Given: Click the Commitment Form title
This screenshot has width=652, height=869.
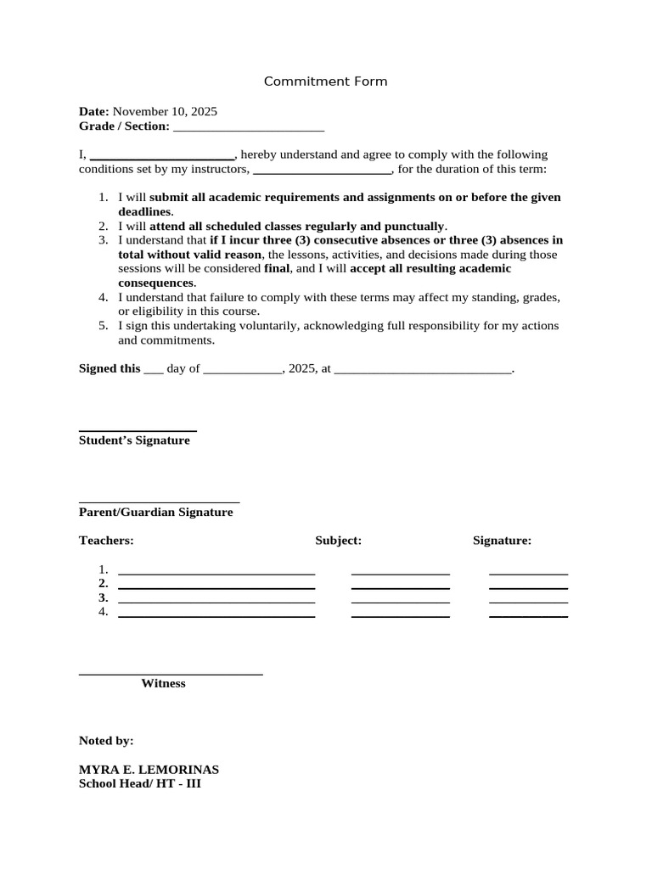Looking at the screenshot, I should tap(325, 81).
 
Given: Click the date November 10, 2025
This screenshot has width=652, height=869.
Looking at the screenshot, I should tap(165, 111).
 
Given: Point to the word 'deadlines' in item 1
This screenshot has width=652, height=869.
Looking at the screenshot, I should tap(144, 211).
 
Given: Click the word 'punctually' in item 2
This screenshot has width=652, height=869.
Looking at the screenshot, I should tap(415, 226).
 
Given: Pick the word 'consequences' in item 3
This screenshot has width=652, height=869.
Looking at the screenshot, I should tap(155, 283).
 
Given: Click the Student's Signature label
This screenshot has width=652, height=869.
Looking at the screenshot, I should tap(134, 440).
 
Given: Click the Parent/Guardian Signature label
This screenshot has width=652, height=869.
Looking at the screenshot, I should tap(155, 513).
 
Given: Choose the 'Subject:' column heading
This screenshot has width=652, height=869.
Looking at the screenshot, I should tap(339, 541).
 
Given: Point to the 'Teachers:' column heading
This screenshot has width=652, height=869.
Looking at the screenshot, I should tap(106, 541).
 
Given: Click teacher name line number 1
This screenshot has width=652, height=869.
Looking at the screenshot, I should tap(216, 573).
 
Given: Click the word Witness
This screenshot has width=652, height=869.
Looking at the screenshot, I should tap(163, 683).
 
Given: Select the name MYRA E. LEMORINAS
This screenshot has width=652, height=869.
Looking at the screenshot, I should tap(149, 770).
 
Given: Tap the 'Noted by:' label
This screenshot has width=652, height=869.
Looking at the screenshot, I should tap(106, 741).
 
